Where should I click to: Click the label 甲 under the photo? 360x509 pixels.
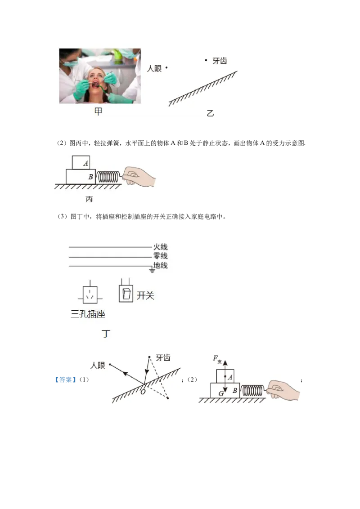pos(98,112)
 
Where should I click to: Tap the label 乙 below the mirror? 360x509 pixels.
pos(210,113)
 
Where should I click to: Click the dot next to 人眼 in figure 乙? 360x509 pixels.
pos(166,68)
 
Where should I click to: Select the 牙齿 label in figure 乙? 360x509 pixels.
pos(219,61)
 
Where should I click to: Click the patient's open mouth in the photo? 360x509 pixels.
pos(95,85)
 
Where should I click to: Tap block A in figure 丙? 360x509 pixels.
pos(81,162)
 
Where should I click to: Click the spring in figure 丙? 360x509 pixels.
pos(108,177)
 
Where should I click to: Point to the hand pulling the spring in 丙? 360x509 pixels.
pos(139,176)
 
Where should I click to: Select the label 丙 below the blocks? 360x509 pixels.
pos(89,199)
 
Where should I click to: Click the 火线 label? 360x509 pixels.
pos(161,247)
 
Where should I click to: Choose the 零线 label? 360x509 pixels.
pos(161,256)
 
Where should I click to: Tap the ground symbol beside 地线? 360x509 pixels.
pos(152,270)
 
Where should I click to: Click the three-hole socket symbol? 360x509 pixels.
pos(90,294)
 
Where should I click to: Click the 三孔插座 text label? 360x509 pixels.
pos(88,314)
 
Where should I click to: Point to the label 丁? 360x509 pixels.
pos(106,334)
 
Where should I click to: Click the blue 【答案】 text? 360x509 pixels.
pos(66,380)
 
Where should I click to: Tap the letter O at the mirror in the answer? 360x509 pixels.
pos(143,392)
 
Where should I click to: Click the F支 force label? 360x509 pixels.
pos(217,359)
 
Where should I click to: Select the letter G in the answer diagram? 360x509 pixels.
pos(221,394)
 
